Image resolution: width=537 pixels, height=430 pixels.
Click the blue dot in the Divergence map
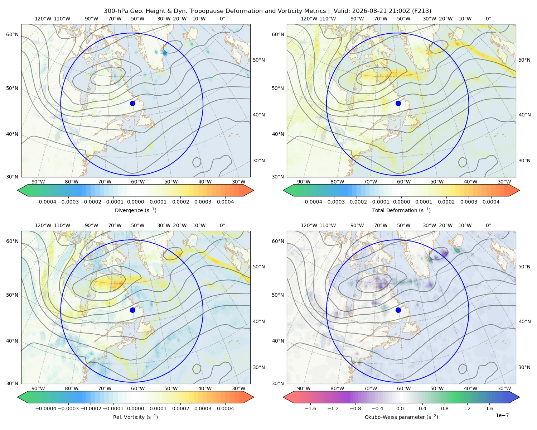(132, 103)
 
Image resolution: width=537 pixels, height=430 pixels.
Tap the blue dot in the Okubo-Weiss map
(398, 310)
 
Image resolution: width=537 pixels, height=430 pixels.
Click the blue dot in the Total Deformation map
(398, 103)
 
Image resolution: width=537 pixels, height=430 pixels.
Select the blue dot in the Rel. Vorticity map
(132, 310)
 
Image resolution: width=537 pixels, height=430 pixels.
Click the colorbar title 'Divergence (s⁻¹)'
(135, 210)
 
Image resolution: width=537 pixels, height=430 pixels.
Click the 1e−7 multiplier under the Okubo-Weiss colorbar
(502, 415)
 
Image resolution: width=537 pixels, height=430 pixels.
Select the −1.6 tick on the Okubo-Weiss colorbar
(310, 408)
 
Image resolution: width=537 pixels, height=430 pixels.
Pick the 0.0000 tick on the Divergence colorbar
(135, 202)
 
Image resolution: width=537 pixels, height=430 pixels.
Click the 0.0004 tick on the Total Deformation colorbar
(491, 202)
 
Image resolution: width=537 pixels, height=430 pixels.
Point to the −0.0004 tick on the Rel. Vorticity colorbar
(46, 408)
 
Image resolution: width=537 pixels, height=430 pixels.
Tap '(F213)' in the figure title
(421, 11)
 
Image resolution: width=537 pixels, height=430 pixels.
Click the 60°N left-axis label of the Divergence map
(12, 34)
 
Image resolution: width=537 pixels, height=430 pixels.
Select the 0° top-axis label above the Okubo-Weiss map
(488, 225)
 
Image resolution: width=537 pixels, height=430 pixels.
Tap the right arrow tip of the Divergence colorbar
(254, 190)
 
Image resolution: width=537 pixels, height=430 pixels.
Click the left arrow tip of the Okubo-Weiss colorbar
(283, 397)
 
